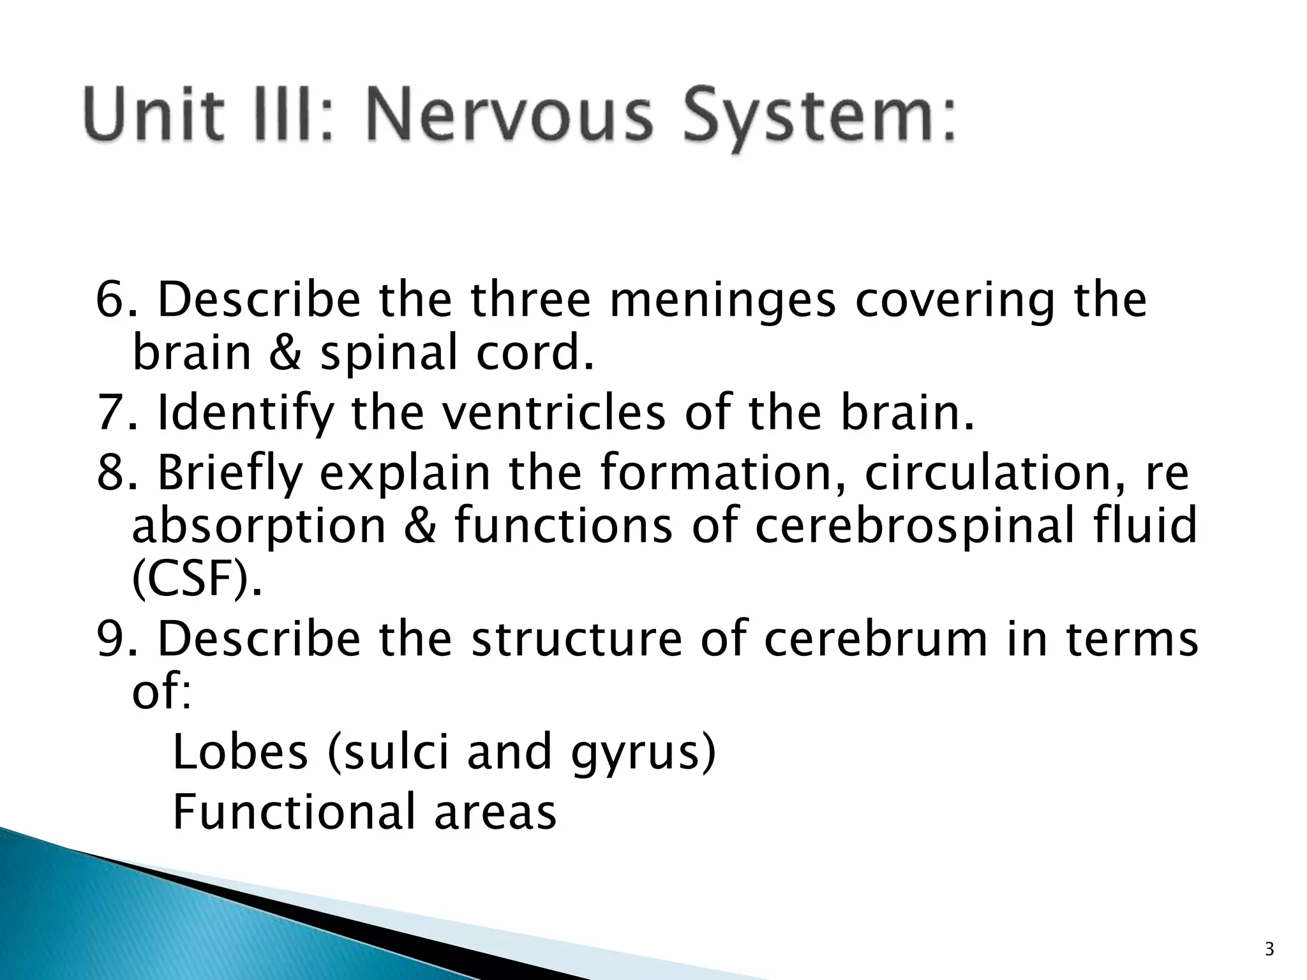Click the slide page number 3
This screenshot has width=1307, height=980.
tap(1269, 950)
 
